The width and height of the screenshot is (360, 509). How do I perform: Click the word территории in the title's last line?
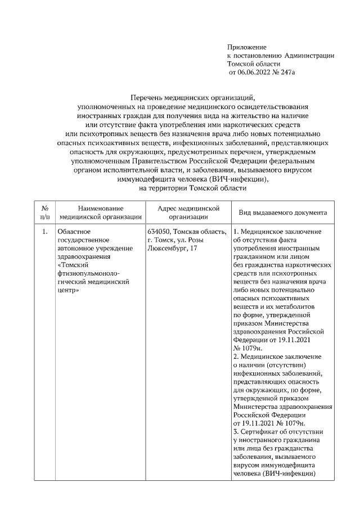tap(170, 188)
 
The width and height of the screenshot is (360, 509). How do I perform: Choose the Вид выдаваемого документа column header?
tap(282, 213)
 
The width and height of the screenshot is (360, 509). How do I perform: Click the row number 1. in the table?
tap(45, 231)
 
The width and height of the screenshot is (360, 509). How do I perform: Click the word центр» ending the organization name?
tap(69, 291)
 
